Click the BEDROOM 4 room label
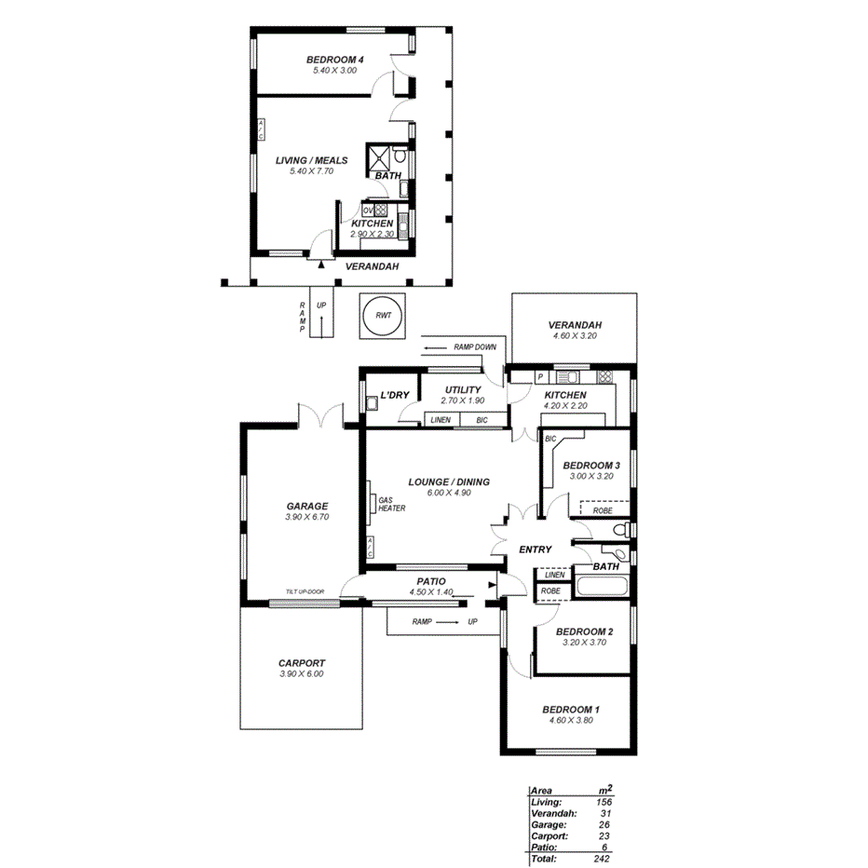[334, 60]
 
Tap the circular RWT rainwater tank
[383, 316]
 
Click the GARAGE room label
[306, 507]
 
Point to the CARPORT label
[302, 663]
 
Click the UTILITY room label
[463, 390]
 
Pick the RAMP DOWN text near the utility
[475, 347]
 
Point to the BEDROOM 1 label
[571, 709]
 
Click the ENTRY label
[536, 549]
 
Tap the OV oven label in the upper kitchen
[368, 210]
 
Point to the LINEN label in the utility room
[441, 420]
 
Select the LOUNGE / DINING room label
[449, 481]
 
